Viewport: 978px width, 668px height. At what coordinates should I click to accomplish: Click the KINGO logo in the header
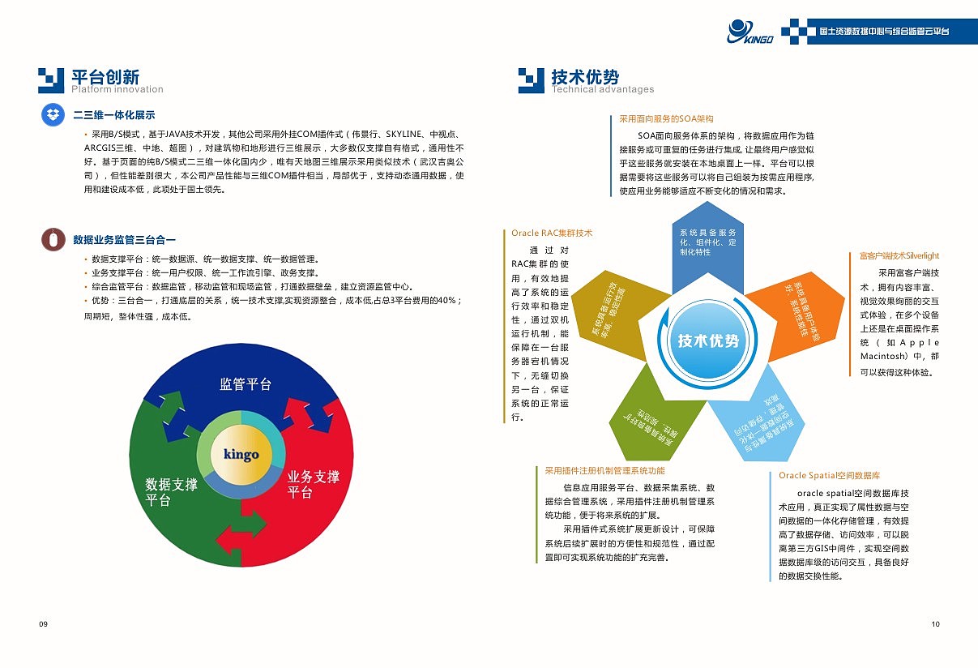click(x=750, y=32)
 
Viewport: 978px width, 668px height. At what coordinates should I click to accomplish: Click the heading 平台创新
click(x=105, y=76)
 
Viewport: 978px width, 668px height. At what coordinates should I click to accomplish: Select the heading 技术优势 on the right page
click(x=585, y=76)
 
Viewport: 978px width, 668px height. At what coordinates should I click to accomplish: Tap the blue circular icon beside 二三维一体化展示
click(x=53, y=115)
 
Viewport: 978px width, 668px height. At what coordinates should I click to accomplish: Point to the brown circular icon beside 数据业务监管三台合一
click(x=53, y=239)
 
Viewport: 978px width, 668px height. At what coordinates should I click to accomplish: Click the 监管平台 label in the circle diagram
click(x=246, y=384)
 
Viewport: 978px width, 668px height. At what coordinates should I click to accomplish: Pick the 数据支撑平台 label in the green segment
click(x=171, y=492)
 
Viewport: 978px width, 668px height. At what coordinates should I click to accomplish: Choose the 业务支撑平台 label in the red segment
click(x=313, y=484)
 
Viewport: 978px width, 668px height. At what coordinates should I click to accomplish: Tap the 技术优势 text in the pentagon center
click(x=709, y=341)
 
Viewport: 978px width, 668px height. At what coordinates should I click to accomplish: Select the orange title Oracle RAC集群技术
click(x=552, y=233)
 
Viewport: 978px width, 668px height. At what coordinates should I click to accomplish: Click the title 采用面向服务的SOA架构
click(x=666, y=118)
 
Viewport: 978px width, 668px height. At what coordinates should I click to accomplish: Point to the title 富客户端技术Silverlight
click(x=899, y=256)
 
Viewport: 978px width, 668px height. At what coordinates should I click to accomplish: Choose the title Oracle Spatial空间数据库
click(x=829, y=475)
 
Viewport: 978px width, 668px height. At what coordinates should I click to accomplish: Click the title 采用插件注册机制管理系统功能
click(x=604, y=470)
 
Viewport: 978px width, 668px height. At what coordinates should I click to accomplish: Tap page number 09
click(x=43, y=623)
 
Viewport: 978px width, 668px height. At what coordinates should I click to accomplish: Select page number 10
click(x=935, y=623)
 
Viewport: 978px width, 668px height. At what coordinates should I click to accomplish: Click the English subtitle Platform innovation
click(x=117, y=89)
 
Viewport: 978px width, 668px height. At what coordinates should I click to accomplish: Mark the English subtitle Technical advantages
click(x=603, y=89)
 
